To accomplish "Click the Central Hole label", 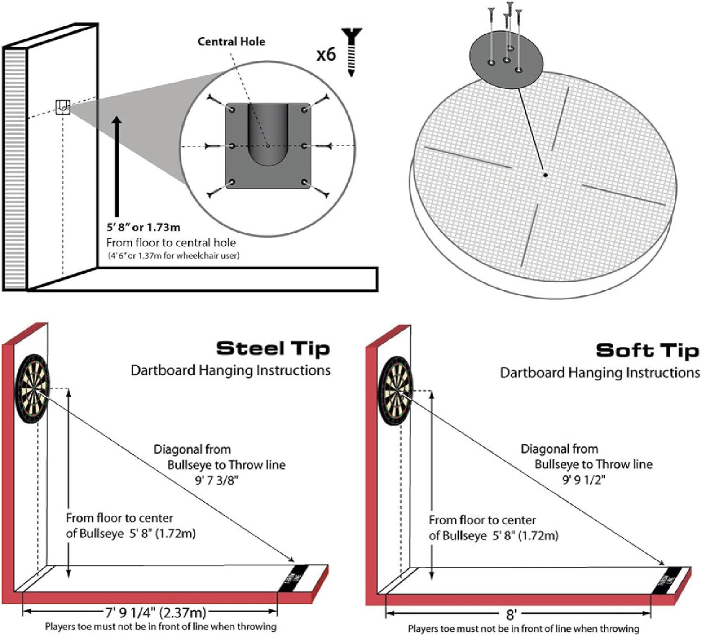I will [x=231, y=42].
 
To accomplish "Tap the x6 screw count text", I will [x=326, y=55].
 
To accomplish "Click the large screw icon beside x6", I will [x=351, y=51].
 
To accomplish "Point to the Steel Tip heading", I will [x=273, y=349].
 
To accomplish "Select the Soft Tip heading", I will [x=647, y=350].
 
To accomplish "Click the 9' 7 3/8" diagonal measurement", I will [x=216, y=480].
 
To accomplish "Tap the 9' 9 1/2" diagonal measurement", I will [x=584, y=480].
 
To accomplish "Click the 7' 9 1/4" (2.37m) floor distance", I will [x=155, y=612].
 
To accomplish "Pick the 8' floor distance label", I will [x=511, y=614].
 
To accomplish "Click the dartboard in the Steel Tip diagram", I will [x=32, y=389].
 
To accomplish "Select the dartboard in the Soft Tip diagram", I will [x=395, y=391].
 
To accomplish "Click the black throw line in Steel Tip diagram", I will [x=293, y=579].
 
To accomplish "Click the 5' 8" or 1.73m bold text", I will [x=143, y=228].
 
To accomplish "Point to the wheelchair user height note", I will [x=174, y=256].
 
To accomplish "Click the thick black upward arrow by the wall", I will [x=117, y=166].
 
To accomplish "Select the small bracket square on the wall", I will [x=63, y=107].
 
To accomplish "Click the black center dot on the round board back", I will [x=545, y=175].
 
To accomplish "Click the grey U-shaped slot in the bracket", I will [x=268, y=136].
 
